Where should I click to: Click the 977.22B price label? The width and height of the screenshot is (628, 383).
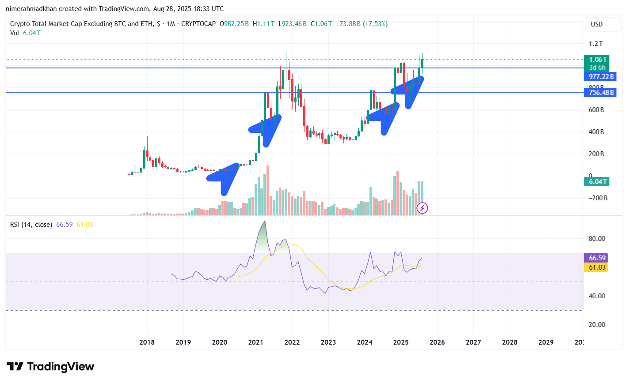pyautogui.click(x=601, y=77)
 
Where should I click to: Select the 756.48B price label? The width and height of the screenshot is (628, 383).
pyautogui.click(x=601, y=93)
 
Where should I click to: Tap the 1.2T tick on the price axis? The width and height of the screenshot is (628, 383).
pyautogui.click(x=595, y=44)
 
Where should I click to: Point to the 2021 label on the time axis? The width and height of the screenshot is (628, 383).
pyautogui.click(x=256, y=342)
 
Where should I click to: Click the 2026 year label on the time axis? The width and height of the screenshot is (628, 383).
pyautogui.click(x=437, y=342)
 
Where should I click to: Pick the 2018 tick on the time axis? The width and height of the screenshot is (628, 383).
pyautogui.click(x=147, y=342)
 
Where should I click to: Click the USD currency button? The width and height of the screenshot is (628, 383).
pyautogui.click(x=597, y=24)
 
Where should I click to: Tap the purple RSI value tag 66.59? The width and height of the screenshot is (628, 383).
pyautogui.click(x=597, y=258)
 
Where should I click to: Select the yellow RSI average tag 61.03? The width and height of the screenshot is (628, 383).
pyautogui.click(x=597, y=267)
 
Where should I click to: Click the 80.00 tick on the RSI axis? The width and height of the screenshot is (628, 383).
pyautogui.click(x=597, y=239)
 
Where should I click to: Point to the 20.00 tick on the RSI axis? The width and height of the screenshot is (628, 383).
pyautogui.click(x=597, y=325)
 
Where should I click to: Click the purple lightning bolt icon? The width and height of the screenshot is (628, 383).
pyautogui.click(x=422, y=208)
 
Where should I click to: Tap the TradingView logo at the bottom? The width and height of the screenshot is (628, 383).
pyautogui.click(x=51, y=367)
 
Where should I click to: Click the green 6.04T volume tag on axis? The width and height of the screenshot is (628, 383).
pyautogui.click(x=597, y=182)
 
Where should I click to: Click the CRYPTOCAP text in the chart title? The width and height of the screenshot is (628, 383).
pyautogui.click(x=198, y=24)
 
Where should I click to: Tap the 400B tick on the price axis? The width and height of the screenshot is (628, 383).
pyautogui.click(x=596, y=132)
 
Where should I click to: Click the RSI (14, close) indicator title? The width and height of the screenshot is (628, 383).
pyautogui.click(x=31, y=225)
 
